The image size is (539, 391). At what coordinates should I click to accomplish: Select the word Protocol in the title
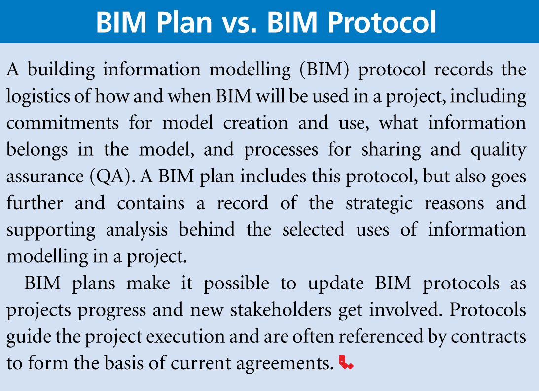tap(382, 22)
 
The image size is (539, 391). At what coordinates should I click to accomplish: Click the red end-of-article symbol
tap(346, 362)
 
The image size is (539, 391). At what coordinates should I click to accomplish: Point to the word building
tap(61, 70)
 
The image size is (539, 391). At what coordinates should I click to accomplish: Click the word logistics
tap(38, 97)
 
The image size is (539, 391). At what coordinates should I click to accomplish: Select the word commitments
tap(63, 123)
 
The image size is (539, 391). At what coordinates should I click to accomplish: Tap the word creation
tap(255, 123)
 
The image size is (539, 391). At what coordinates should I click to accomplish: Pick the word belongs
tap(37, 150)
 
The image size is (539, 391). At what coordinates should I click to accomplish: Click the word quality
tap(498, 150)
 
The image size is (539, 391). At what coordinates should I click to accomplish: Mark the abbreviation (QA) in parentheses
tap(112, 177)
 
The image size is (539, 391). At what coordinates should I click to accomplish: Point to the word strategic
tap(379, 204)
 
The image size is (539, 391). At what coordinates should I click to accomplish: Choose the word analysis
tap(137, 230)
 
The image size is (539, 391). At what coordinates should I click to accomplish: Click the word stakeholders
tap(281, 310)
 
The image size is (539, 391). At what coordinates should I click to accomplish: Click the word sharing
tap(391, 150)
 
